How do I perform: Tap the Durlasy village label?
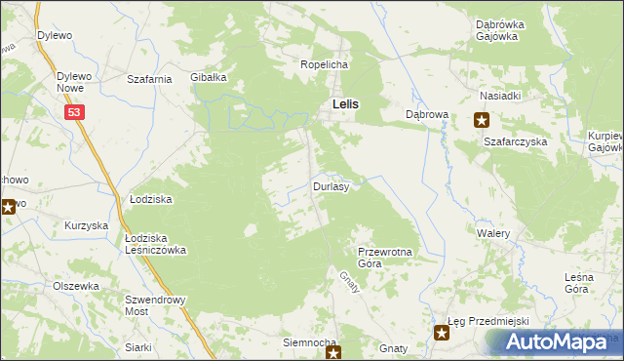pos(331,185)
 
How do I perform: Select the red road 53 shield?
pos(76,113)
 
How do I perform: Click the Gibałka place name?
pos(209,77)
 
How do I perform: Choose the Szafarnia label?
pos(150,78)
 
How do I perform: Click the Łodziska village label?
pos(151,199)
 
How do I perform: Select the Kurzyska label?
pos(86,225)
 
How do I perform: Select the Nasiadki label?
pos(500,96)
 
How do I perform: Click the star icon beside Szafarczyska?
pos(482,121)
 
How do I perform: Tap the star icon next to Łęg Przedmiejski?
pos(442,334)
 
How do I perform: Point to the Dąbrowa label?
pos(426,114)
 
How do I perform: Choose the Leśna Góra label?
pos(587,283)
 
